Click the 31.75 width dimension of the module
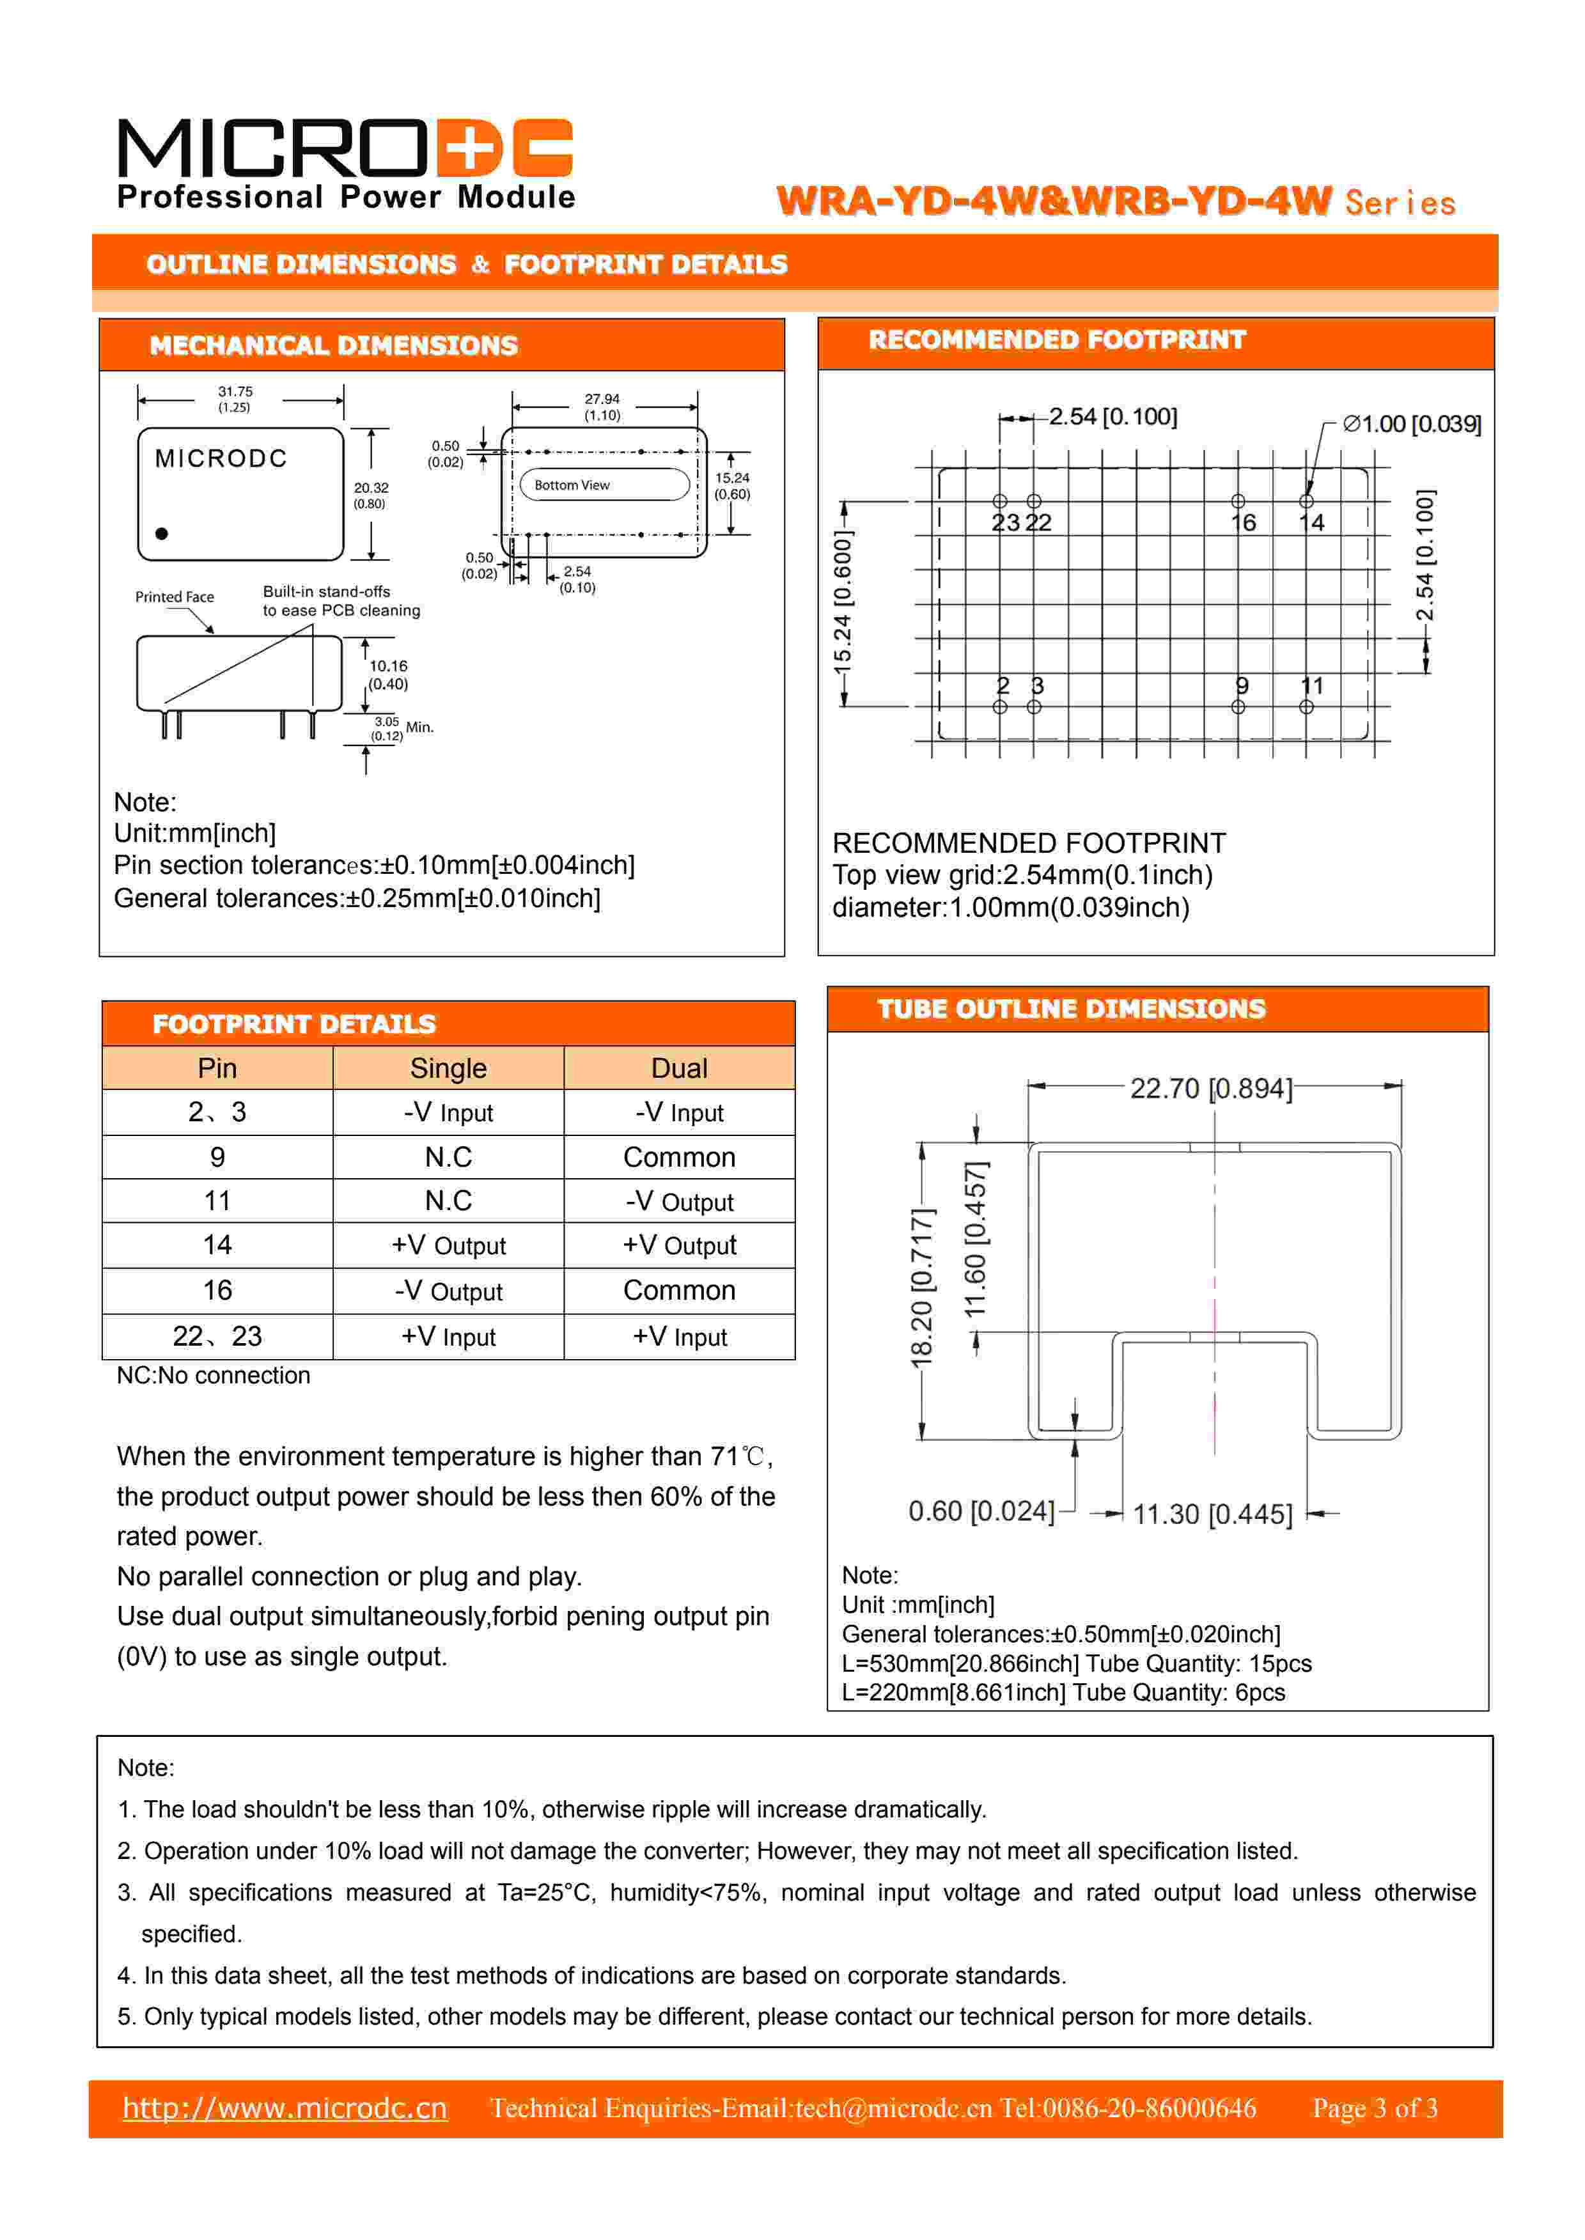pos(235,398)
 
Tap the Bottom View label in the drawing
pos(572,485)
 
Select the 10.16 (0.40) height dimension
pos(387,674)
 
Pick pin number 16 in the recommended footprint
pos(1242,523)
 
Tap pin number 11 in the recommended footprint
pos(1312,686)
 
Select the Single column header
pos(448,1068)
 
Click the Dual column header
pos(679,1068)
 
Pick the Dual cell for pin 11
pos(679,1201)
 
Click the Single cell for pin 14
pos(448,1246)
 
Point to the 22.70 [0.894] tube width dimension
pos(1210,1088)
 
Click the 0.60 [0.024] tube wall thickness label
pos(981,1511)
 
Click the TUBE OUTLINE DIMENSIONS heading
pos(1071,1009)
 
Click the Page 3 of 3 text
pos(1374,2108)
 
